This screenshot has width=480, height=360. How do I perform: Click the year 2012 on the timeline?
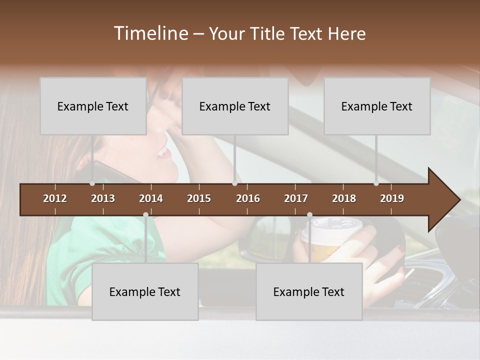point(55,198)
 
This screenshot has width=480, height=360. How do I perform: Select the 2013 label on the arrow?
point(103,198)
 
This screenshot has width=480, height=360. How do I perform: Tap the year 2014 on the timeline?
point(151,198)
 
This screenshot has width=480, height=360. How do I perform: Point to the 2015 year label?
point(199,198)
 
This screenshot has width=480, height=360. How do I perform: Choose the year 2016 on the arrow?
point(248,198)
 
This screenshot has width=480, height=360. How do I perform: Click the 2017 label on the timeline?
point(296,198)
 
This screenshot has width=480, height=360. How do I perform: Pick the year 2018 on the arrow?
point(344,198)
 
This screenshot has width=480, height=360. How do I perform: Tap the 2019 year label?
point(392,198)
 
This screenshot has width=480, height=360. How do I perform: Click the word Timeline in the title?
point(150,33)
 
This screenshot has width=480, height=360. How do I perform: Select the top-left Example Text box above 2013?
point(93,106)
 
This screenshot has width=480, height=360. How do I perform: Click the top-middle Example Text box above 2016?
point(235,106)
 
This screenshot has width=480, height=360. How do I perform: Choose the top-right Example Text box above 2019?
point(377,106)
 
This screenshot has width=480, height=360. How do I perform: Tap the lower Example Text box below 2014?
point(145,291)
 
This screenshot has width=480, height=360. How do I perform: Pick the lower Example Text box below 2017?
point(309,291)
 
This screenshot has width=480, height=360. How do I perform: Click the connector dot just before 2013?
point(92,183)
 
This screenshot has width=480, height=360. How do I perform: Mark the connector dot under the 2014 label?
point(145,215)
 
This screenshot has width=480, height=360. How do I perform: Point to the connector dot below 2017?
point(309,215)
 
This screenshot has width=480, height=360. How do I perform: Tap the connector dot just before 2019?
point(376,183)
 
